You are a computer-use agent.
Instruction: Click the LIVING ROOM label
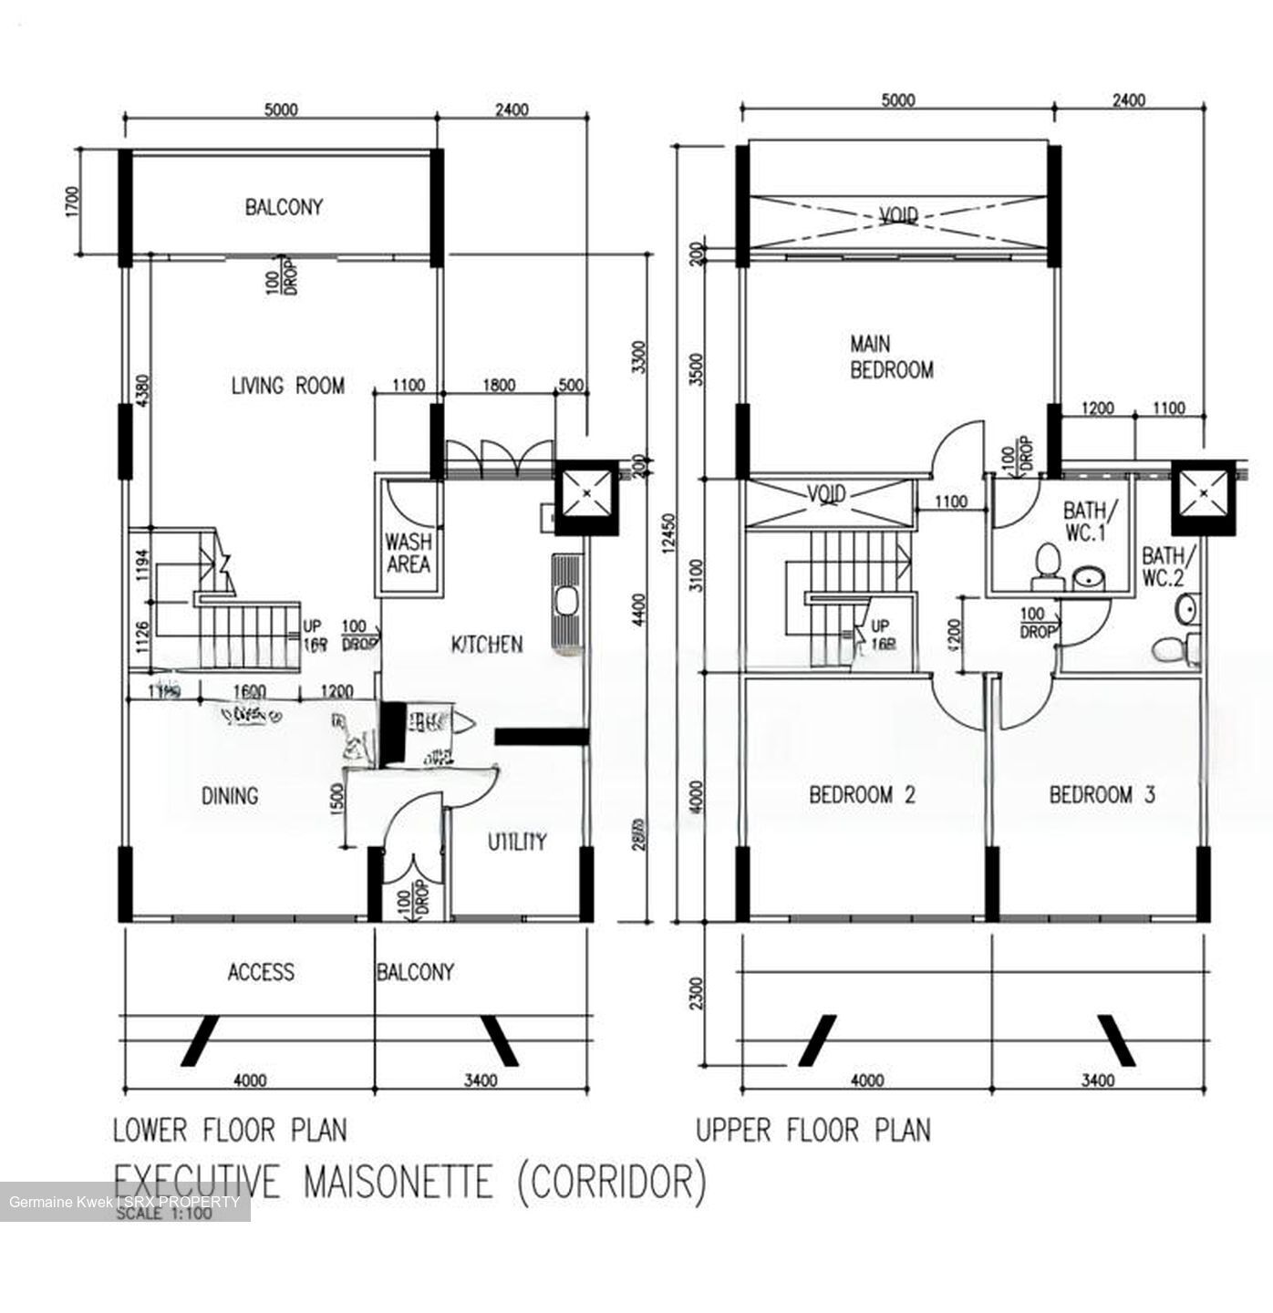[x=287, y=386]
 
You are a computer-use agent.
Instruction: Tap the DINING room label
[x=230, y=796]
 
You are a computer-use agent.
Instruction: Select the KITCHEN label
[x=488, y=645]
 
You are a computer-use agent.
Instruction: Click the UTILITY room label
[x=516, y=841]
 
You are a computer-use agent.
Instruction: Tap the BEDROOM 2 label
[x=862, y=795]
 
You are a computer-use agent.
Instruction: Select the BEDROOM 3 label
[x=1102, y=795]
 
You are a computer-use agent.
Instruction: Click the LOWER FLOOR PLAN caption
[x=230, y=1131]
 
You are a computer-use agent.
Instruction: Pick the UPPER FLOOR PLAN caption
[x=813, y=1131]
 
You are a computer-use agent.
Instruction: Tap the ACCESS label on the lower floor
[x=261, y=972]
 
